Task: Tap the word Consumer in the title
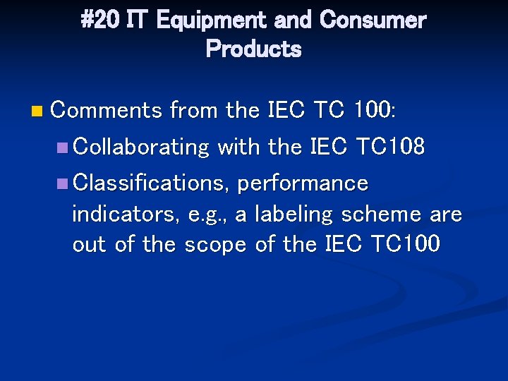point(373,20)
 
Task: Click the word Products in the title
point(253,49)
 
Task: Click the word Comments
point(107,110)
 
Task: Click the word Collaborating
point(141,147)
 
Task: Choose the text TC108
point(390,147)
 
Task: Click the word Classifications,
point(151,183)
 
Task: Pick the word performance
point(303,183)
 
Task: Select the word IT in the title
point(136,20)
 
